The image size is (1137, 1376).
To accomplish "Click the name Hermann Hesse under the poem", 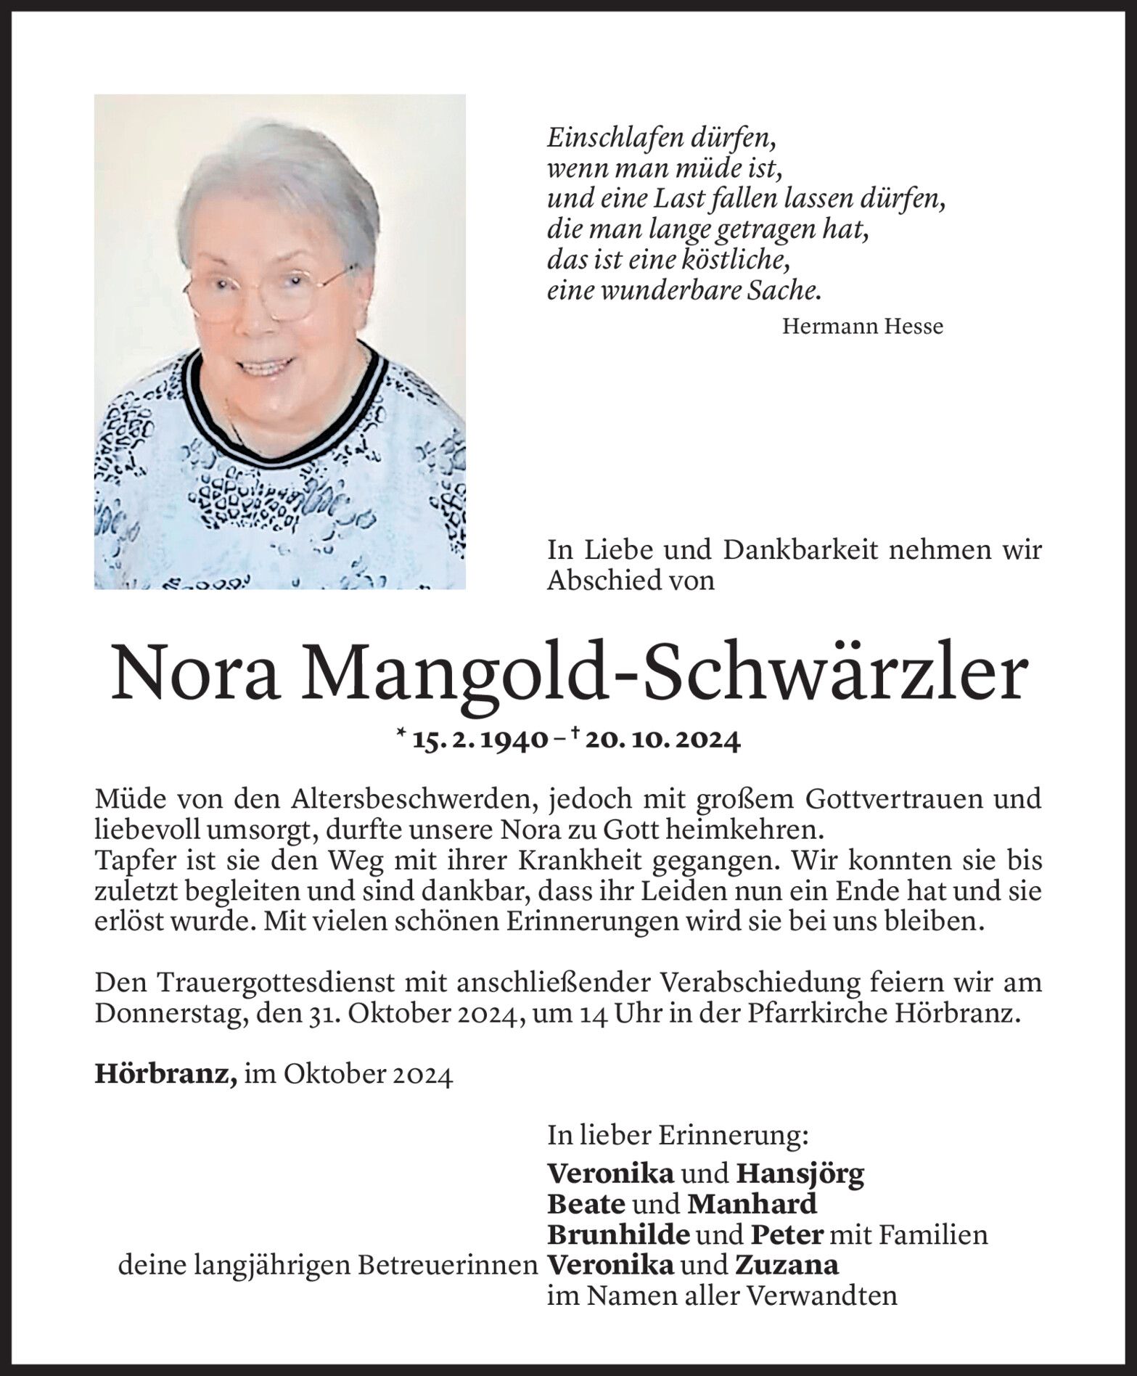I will tap(862, 327).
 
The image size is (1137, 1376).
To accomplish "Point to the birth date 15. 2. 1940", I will tap(480, 740).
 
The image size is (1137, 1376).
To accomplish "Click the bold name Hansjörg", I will tap(800, 1173).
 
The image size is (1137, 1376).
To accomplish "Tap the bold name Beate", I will tap(586, 1204).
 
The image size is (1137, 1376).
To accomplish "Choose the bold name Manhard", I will tap(752, 1204).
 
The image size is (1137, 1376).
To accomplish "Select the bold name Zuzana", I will tap(787, 1266).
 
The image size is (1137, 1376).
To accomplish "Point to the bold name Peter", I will tap(787, 1234).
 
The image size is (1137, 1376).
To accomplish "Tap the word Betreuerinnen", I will tap(446, 1266).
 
